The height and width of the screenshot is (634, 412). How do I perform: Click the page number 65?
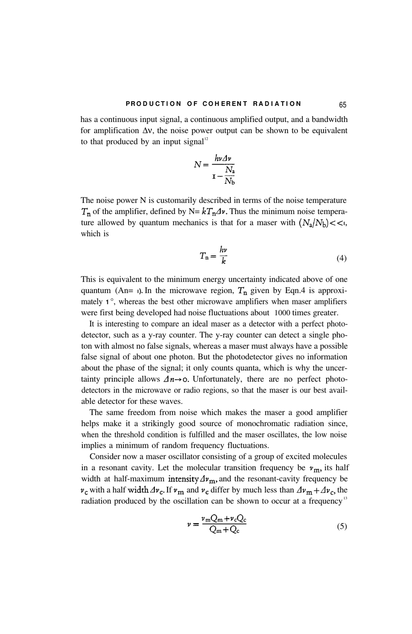coord(343,105)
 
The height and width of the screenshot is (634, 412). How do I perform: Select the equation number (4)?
coord(341,258)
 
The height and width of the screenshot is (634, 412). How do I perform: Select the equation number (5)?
coord(341,526)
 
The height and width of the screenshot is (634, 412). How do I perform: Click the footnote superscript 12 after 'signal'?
coord(206,139)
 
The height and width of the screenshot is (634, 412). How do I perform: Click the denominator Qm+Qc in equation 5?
coord(223,530)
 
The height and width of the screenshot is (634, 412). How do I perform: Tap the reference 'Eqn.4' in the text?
coord(286,291)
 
